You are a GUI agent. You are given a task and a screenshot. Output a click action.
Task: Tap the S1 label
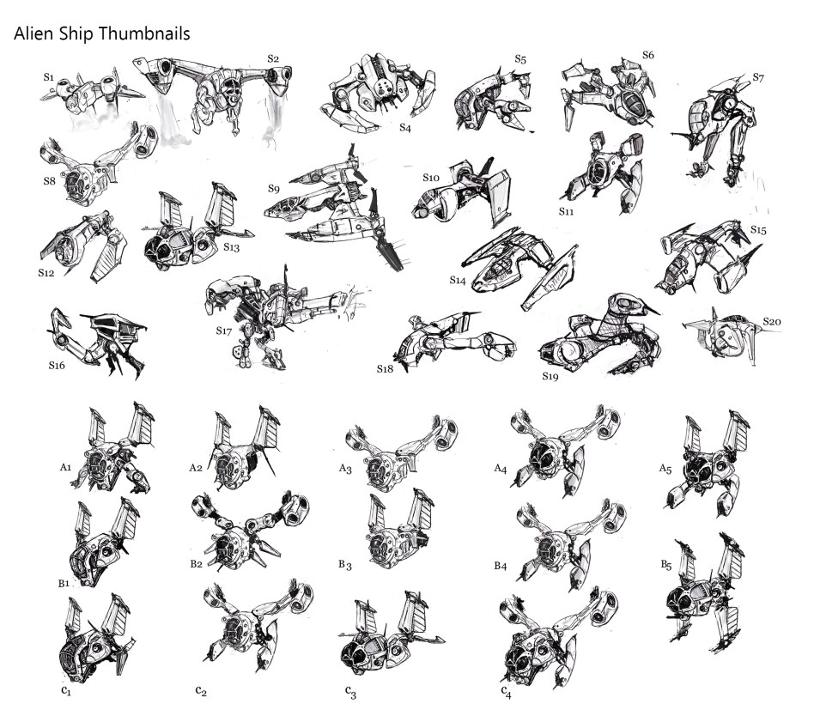click(x=49, y=77)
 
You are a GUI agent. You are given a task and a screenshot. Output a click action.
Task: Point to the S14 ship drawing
click(x=519, y=267)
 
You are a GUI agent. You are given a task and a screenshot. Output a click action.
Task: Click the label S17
click(x=224, y=331)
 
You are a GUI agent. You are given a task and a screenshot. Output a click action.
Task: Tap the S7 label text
click(x=758, y=78)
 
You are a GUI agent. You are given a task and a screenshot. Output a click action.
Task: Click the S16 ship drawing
click(x=97, y=343)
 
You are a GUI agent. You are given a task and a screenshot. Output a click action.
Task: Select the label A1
click(x=65, y=467)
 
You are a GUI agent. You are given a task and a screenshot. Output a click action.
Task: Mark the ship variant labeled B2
click(x=250, y=530)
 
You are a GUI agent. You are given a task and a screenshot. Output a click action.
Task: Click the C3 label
click(x=350, y=692)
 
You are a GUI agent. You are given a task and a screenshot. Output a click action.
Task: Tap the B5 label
click(x=666, y=565)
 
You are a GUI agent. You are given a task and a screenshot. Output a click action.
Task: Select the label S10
click(x=431, y=178)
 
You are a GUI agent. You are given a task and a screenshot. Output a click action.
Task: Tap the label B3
click(x=345, y=564)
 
